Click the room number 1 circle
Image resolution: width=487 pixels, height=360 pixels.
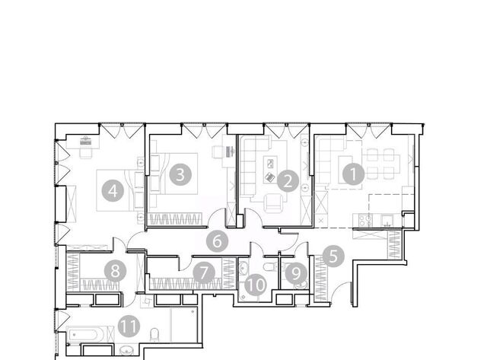(353, 174)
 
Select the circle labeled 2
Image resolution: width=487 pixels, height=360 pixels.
(288, 181)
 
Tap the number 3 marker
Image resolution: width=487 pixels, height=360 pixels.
(180, 174)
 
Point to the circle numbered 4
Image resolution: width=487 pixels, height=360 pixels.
(113, 190)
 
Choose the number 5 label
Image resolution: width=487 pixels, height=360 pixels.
(333, 256)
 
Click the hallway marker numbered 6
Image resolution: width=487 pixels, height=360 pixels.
(218, 241)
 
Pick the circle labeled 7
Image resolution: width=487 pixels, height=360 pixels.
(204, 272)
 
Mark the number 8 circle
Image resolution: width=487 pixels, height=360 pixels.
(115, 271)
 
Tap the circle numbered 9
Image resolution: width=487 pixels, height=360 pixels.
(296, 274)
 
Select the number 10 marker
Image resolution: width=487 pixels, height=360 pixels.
(256, 285)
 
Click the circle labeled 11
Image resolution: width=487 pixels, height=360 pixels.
(129, 327)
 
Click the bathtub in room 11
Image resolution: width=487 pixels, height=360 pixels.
(86, 335)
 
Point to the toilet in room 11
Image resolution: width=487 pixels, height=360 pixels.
(154, 334)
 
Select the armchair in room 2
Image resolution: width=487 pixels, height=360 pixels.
(274, 202)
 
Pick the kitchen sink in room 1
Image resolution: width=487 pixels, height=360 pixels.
(387, 220)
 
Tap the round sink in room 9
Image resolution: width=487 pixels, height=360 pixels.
(301, 284)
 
